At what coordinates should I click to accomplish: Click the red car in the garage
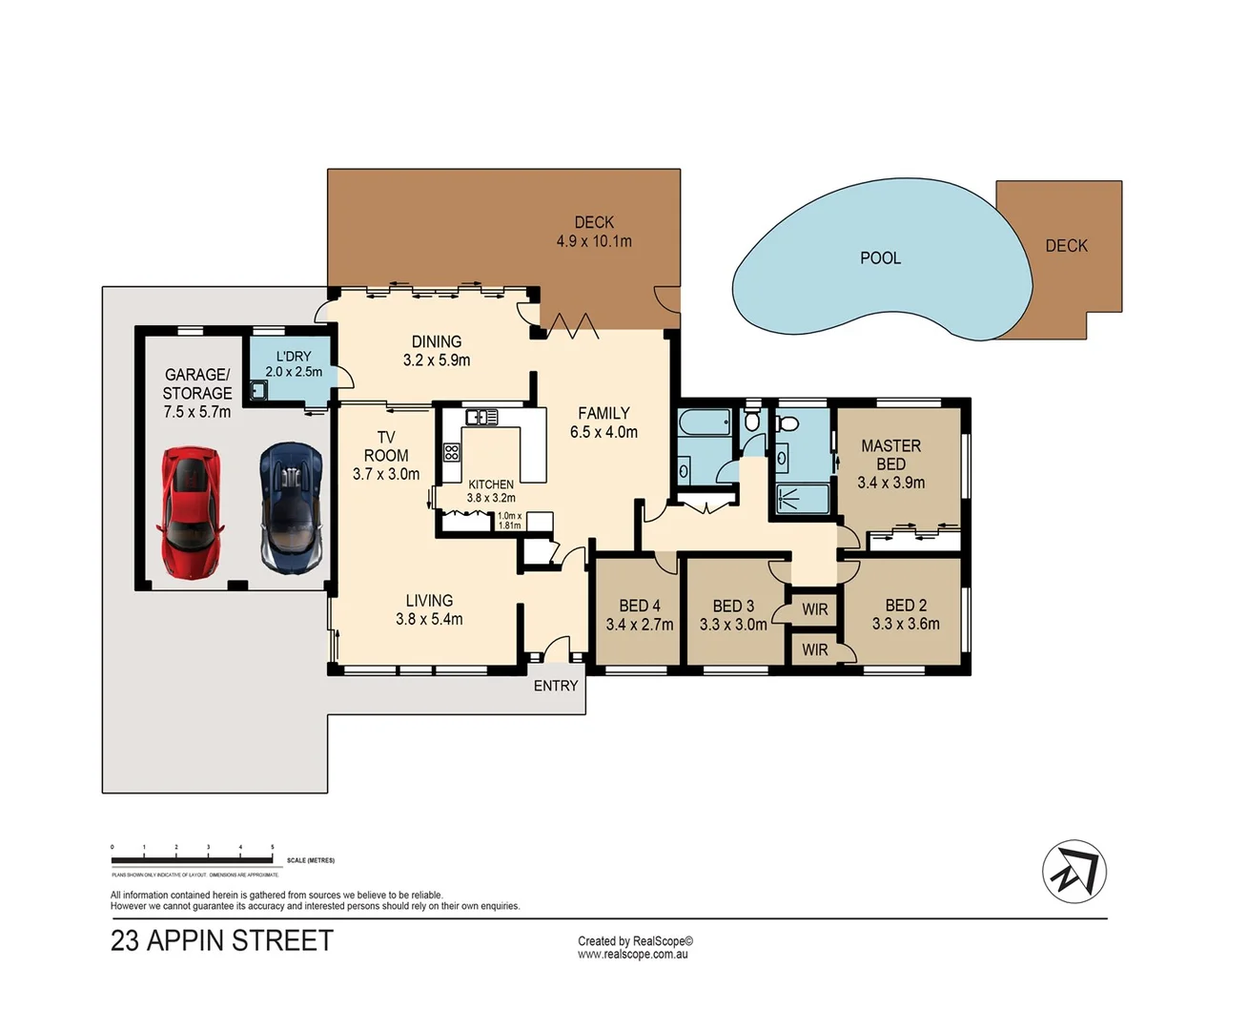coord(193,512)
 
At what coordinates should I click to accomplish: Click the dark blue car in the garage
coord(292,507)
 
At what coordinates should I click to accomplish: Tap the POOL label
coord(880,258)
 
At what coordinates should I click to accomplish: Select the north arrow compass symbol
coord(1074,872)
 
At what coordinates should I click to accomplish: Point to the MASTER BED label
coord(890,455)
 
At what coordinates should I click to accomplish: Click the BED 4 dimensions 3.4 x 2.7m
coord(639,626)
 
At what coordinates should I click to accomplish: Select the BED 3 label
coord(732,607)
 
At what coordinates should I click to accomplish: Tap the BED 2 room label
coord(905,606)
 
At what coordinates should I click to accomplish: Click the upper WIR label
coord(814,609)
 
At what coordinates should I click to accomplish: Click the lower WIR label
coord(814,650)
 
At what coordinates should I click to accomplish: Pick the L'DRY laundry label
coord(294,356)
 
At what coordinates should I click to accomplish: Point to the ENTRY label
coord(556,686)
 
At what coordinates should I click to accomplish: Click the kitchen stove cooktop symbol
coord(452,452)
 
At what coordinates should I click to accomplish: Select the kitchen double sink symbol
coord(481,417)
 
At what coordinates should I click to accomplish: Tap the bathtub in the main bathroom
coord(705,422)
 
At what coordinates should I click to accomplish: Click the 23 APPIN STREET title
coord(222,941)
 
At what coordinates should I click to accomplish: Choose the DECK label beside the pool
coord(1066,246)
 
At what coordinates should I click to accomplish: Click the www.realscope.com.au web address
coord(632,954)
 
